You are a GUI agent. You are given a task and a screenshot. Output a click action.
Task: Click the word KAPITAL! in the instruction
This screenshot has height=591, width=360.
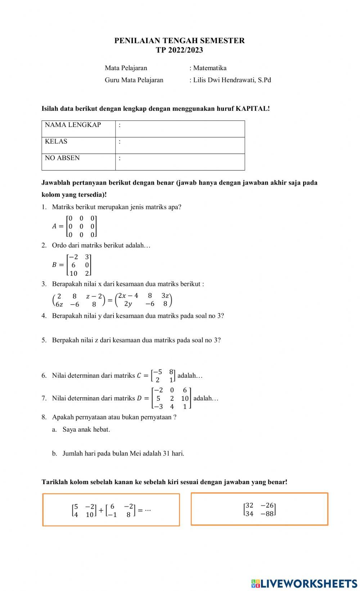(252, 109)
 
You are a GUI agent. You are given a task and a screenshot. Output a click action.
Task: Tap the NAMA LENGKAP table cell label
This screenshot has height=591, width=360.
(73, 125)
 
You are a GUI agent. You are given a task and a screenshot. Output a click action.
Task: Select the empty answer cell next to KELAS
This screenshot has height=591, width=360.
(180, 145)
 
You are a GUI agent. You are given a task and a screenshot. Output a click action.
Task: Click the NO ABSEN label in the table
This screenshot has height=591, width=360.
(62, 158)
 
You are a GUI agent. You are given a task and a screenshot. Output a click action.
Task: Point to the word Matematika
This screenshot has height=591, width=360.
(210, 68)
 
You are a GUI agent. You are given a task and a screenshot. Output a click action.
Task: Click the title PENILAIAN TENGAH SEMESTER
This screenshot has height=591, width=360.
(179, 41)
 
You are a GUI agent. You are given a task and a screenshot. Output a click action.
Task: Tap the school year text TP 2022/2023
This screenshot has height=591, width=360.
(179, 50)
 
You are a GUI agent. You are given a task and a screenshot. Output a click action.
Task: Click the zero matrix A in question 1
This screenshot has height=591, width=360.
(82, 227)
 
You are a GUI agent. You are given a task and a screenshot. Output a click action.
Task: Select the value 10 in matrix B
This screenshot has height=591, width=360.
(73, 273)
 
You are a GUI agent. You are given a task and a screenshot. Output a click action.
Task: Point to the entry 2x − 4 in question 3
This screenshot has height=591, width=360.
(128, 296)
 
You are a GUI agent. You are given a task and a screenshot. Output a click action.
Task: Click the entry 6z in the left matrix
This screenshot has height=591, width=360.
(59, 304)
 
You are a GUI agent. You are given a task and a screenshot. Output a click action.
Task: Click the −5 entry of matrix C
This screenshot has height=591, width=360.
(158, 372)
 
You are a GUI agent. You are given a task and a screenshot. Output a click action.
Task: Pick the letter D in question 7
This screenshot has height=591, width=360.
(139, 398)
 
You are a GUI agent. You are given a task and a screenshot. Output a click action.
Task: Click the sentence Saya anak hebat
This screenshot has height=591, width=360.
(86, 429)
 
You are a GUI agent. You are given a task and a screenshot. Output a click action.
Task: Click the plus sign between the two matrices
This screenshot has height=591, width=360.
(101, 510)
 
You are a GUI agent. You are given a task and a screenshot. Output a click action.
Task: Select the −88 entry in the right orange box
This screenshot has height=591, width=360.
(267, 514)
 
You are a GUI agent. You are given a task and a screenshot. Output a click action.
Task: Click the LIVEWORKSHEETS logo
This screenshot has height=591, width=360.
(304, 583)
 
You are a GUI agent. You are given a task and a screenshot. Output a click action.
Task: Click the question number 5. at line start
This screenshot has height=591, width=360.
(44, 340)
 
